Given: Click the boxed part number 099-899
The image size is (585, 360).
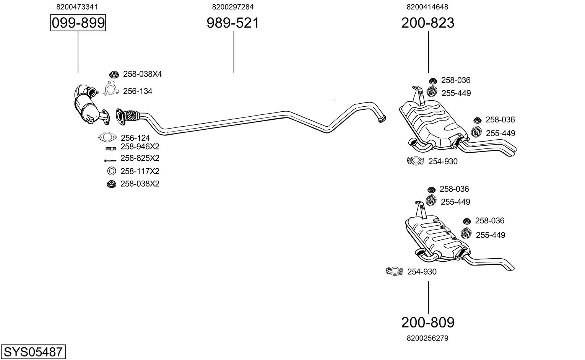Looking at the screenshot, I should pyautogui.click(x=78, y=23).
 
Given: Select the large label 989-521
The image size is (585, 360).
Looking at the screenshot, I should pyautogui.click(x=233, y=23).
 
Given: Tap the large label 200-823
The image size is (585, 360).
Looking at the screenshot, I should pyautogui.click(x=428, y=23).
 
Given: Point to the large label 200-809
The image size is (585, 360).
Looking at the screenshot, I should pyautogui.click(x=428, y=323).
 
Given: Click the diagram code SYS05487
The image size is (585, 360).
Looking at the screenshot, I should pyautogui.click(x=33, y=352).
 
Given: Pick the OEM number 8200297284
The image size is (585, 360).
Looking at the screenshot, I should pyautogui.click(x=233, y=7).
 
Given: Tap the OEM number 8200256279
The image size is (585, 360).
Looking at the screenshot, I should pyautogui.click(x=427, y=338).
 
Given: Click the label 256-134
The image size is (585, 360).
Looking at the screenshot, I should pyautogui.click(x=138, y=91).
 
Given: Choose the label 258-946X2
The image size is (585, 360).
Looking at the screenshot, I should pyautogui.click(x=140, y=147).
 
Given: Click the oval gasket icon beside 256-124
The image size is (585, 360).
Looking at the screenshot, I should pyautogui.click(x=107, y=137).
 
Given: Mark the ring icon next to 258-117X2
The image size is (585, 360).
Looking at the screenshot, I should pyautogui.click(x=111, y=171).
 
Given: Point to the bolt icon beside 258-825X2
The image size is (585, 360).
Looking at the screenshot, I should pyautogui.click(x=110, y=160).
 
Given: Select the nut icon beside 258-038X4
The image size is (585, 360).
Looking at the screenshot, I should pyautogui.click(x=114, y=74).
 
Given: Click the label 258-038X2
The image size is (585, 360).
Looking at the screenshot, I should pyautogui.click(x=140, y=184).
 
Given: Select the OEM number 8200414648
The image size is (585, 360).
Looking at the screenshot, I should pyautogui.click(x=427, y=7).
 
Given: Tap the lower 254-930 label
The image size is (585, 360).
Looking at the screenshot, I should pyautogui.click(x=422, y=272).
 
